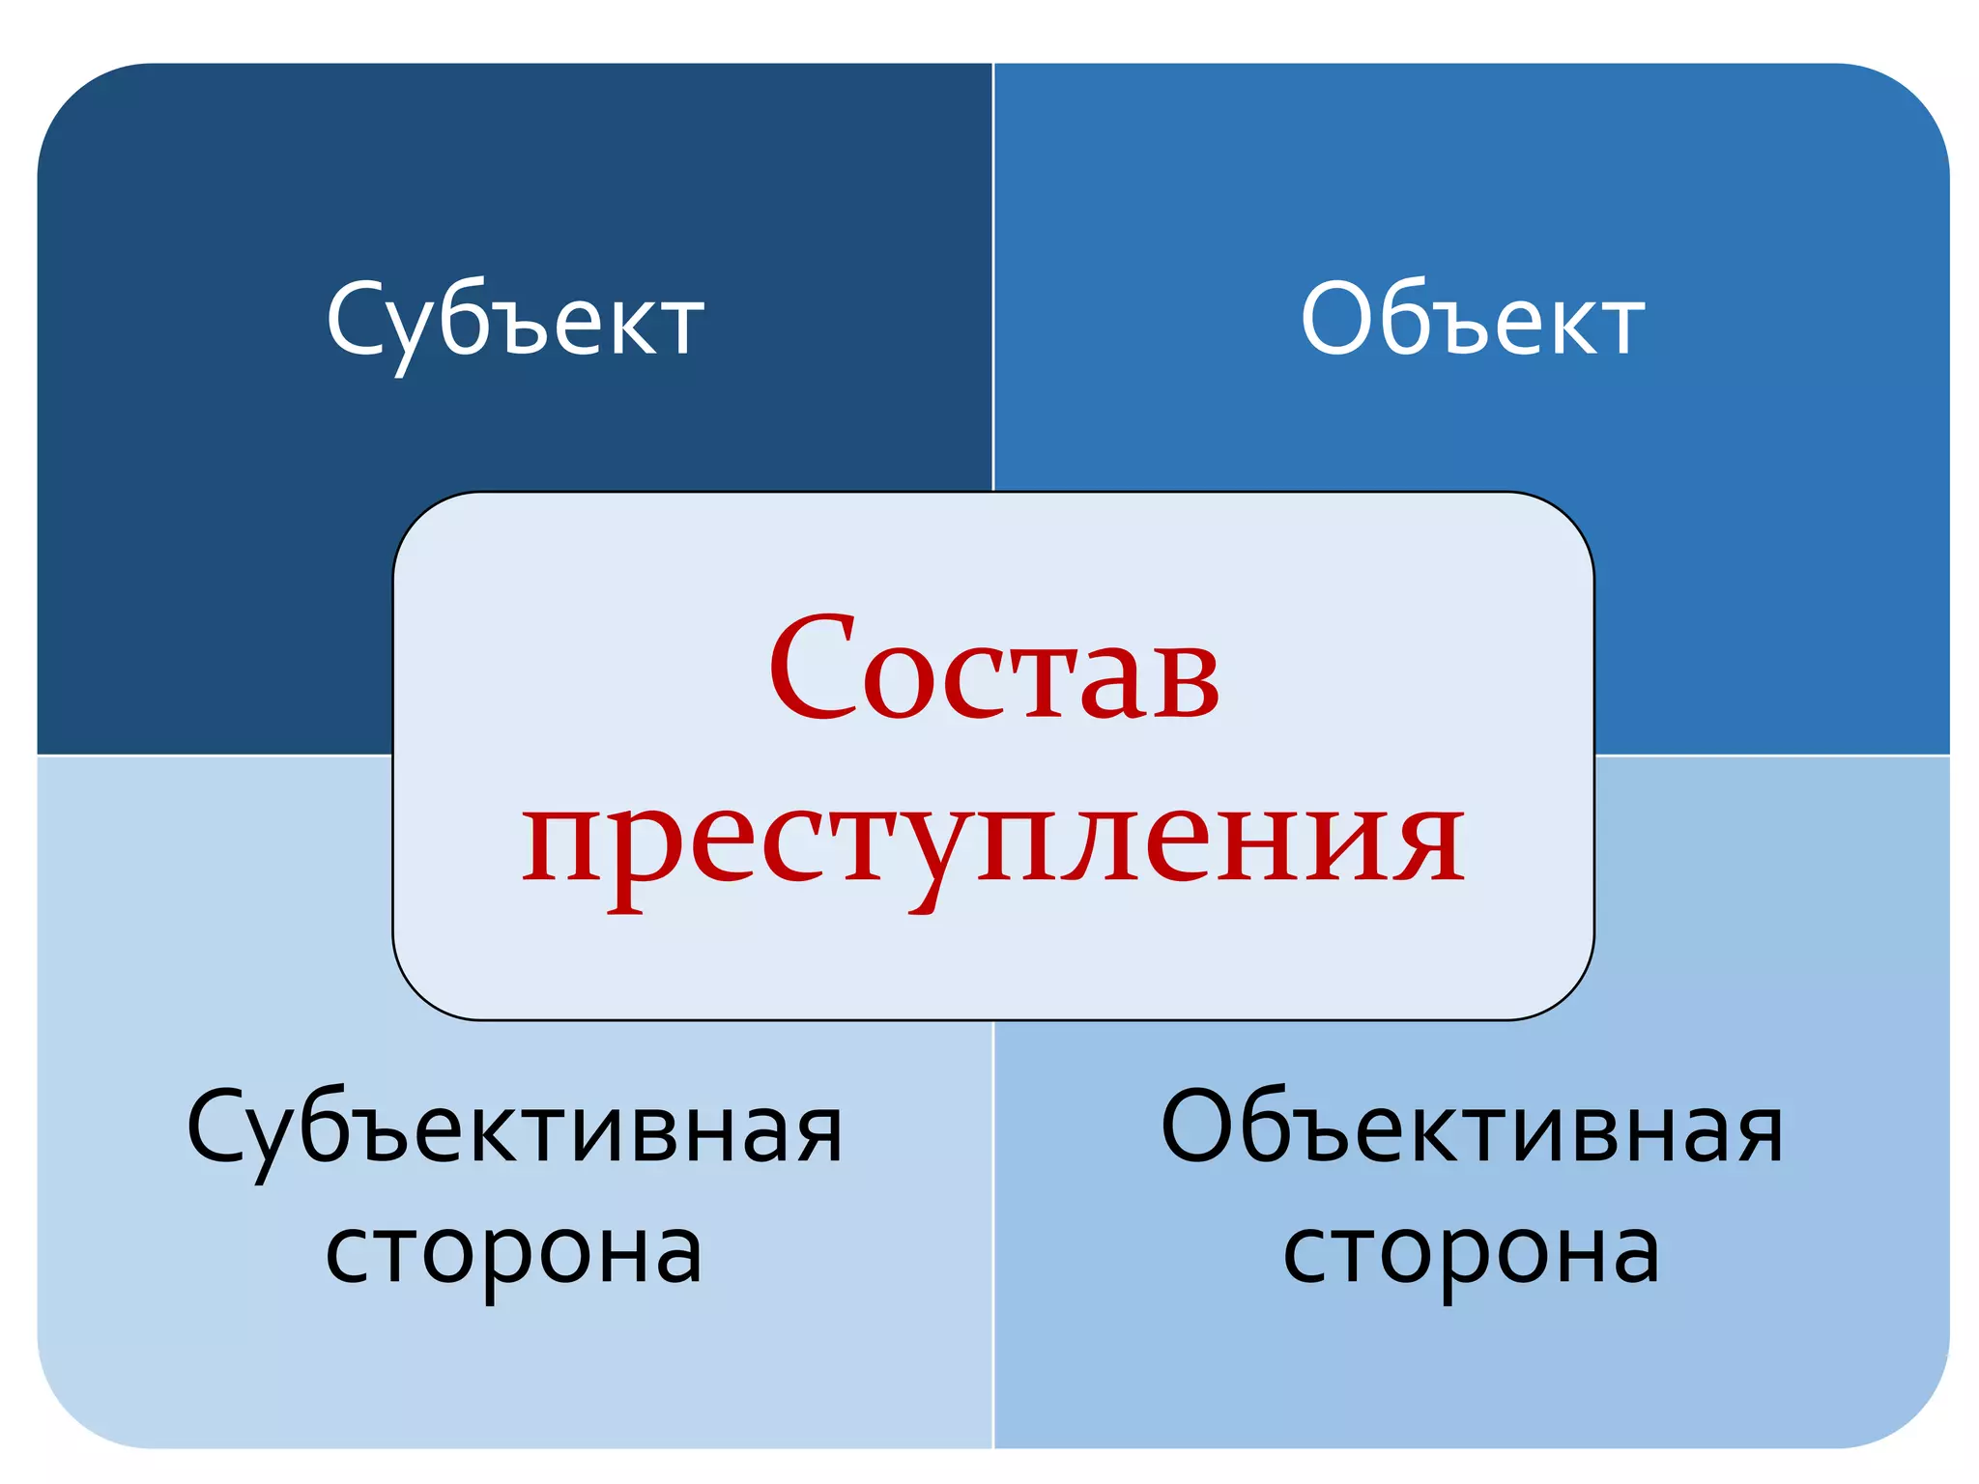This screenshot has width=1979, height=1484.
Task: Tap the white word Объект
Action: (x=1472, y=320)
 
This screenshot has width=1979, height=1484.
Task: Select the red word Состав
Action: (x=994, y=669)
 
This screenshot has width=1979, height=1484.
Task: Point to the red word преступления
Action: (x=993, y=841)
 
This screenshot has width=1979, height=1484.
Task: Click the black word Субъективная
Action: (x=515, y=1128)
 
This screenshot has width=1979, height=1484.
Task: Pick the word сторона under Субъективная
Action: (x=514, y=1252)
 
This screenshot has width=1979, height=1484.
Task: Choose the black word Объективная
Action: (x=1472, y=1128)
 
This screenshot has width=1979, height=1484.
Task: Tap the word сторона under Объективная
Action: (x=1471, y=1252)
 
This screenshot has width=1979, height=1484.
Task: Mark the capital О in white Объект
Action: (x=1337, y=319)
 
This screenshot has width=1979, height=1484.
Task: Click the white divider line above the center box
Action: (x=993, y=280)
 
